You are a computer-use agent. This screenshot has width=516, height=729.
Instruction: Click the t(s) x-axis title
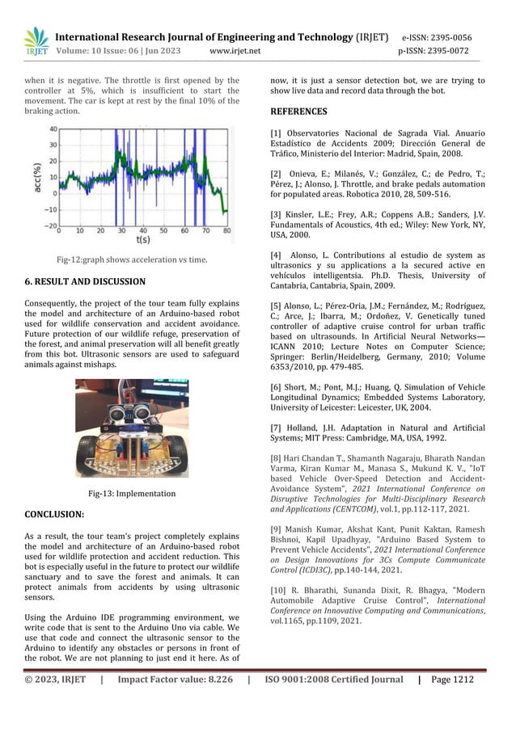[142, 240]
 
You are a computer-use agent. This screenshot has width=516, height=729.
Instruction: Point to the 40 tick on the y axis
[52, 129]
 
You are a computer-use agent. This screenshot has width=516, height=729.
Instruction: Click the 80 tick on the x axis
[226, 232]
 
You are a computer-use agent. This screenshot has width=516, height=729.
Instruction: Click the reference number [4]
[276, 255]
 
